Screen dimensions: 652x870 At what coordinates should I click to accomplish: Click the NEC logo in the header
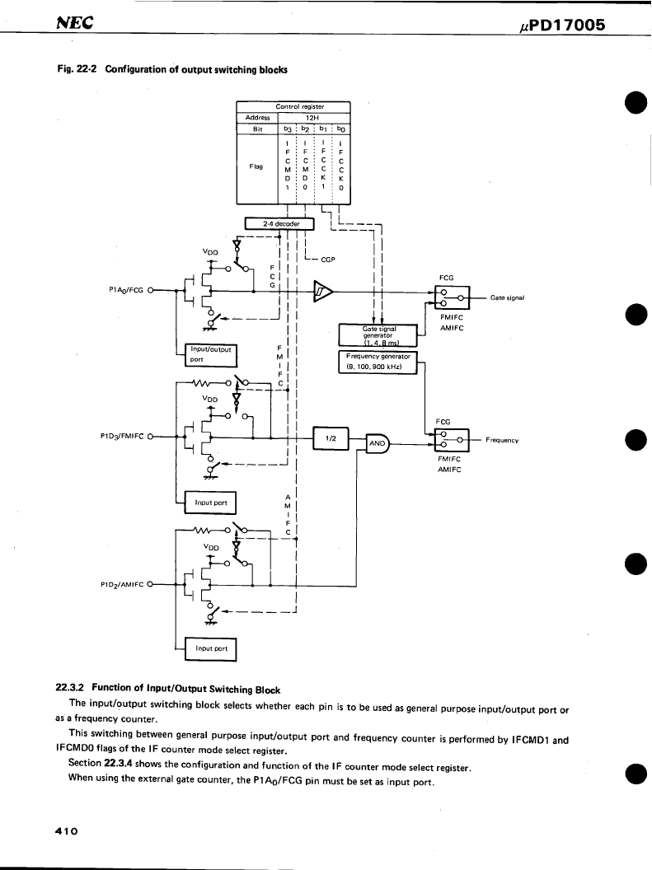[x=75, y=22]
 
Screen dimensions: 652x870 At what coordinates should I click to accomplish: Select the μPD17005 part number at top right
[x=562, y=25]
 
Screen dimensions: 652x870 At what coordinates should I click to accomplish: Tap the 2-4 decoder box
[x=279, y=224]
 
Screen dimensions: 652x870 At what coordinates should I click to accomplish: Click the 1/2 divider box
[x=331, y=438]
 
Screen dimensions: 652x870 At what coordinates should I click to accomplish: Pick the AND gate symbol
[x=378, y=443]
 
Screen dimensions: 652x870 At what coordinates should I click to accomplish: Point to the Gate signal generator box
[x=378, y=334]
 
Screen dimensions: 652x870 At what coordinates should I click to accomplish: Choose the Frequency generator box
[x=378, y=362]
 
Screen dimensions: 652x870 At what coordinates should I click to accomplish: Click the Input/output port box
[x=211, y=355]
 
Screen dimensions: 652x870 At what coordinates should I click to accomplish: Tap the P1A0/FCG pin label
[x=126, y=290]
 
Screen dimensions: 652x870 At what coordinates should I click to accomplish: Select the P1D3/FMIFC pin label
[x=121, y=437]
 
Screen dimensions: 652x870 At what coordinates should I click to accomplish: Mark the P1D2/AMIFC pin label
[x=121, y=584]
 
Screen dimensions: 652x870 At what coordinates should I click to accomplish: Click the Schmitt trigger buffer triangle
[x=323, y=291]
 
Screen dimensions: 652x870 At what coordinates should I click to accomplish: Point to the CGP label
[x=328, y=260]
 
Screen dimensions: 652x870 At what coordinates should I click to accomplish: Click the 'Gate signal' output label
[x=507, y=298]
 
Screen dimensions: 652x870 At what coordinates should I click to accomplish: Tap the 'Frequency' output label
[x=502, y=441]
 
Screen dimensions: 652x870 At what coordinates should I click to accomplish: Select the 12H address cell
[x=314, y=118]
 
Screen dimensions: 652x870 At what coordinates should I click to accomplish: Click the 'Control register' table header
[x=300, y=106]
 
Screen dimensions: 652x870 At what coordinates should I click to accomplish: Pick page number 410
[x=67, y=831]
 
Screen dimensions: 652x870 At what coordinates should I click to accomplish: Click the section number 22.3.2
[x=69, y=687]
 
